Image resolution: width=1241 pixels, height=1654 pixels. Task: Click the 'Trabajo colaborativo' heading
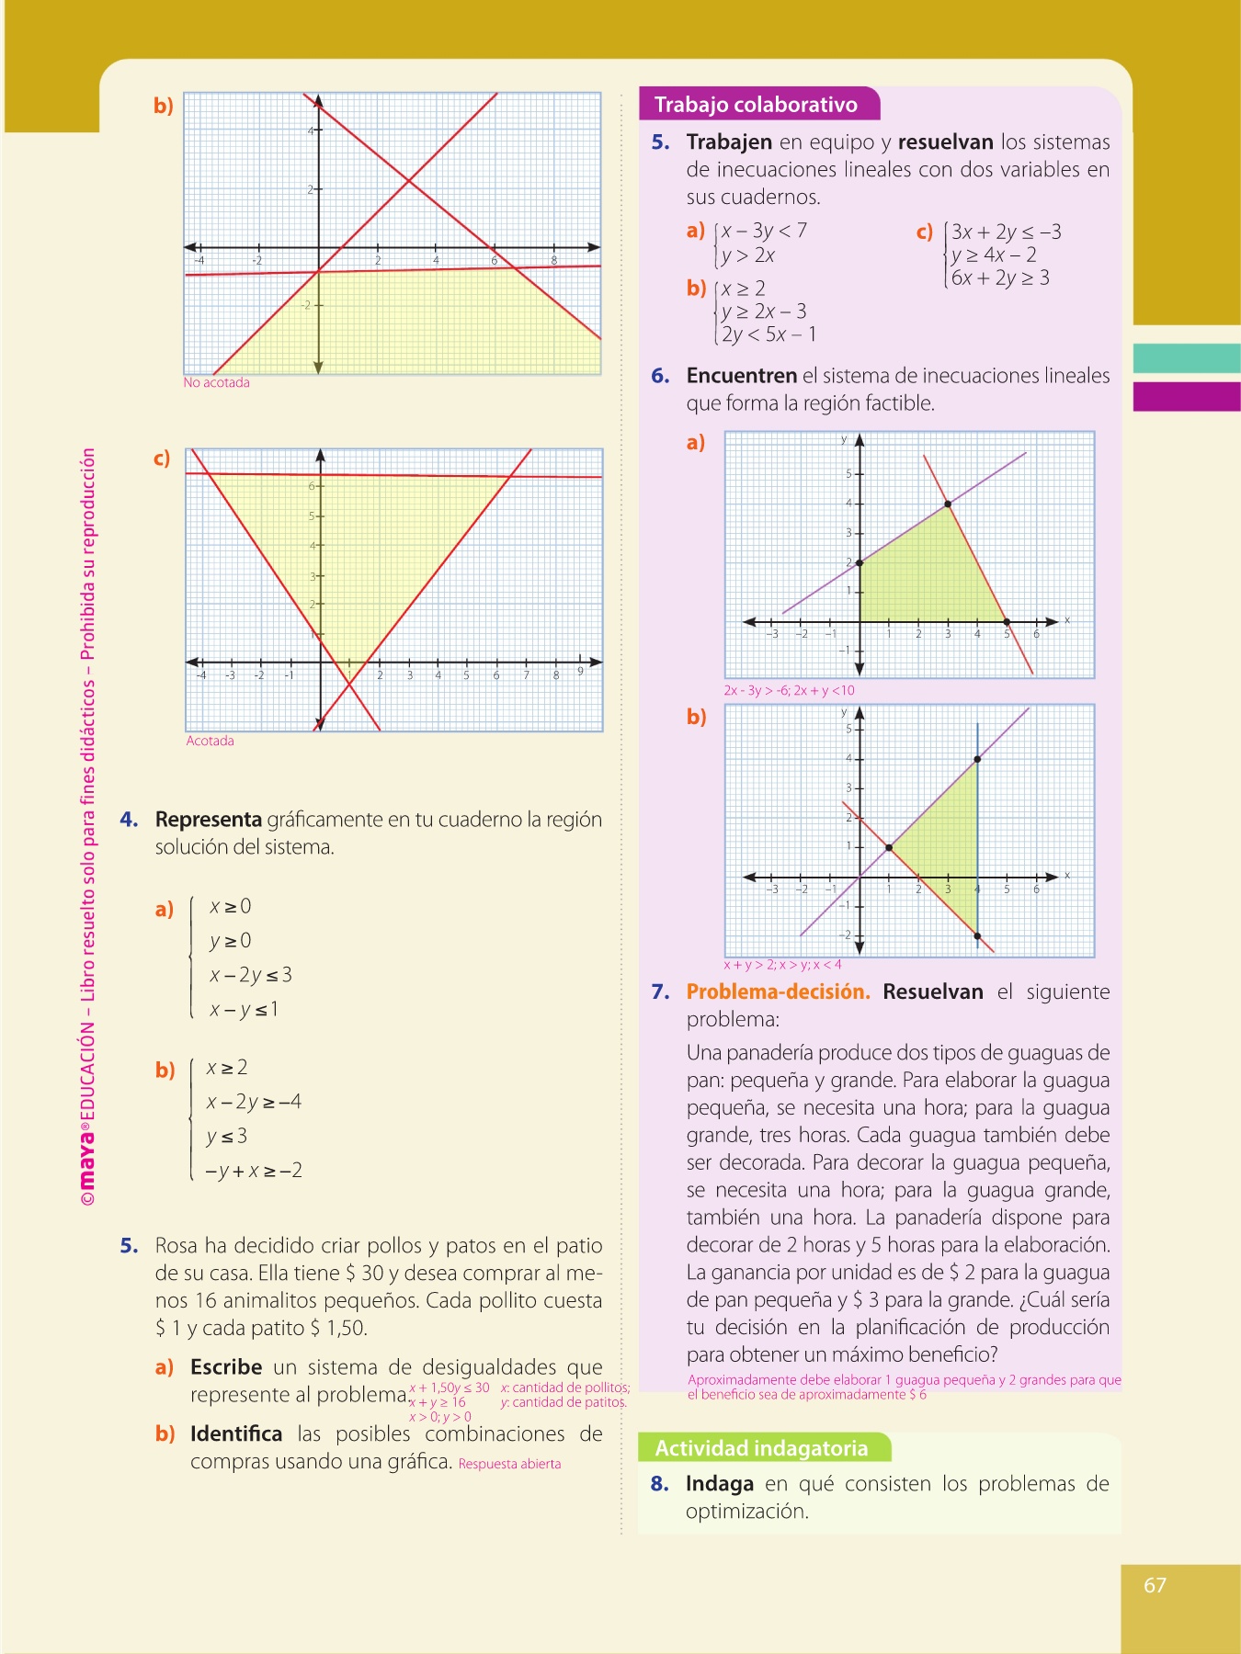click(x=756, y=105)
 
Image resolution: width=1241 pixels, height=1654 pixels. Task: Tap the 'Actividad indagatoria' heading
click(x=761, y=1448)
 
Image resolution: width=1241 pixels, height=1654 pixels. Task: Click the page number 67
click(x=1155, y=1585)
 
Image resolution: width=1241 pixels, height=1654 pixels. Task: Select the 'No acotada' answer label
click(x=216, y=382)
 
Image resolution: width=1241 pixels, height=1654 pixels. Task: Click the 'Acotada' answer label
click(x=210, y=741)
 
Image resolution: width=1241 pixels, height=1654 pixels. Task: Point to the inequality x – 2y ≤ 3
click(x=250, y=975)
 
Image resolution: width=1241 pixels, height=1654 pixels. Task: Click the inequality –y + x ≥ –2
click(x=254, y=1171)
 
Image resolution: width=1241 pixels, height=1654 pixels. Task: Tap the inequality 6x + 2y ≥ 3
click(x=1000, y=278)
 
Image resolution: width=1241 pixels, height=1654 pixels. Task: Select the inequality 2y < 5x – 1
click(x=769, y=334)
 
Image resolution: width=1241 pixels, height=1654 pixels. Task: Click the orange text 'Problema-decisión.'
click(x=778, y=991)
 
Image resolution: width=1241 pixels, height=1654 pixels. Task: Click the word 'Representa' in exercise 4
click(x=209, y=820)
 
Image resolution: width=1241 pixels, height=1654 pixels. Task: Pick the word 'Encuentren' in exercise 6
click(x=741, y=376)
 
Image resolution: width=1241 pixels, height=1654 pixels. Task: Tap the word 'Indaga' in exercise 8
click(x=720, y=1484)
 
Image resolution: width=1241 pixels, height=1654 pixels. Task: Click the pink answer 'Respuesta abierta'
click(x=509, y=1464)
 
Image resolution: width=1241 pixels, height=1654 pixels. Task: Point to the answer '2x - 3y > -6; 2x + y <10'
click(x=789, y=690)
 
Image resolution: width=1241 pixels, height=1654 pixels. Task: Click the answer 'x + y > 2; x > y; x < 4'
click(x=782, y=965)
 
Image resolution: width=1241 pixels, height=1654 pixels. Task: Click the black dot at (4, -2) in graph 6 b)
click(x=977, y=936)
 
